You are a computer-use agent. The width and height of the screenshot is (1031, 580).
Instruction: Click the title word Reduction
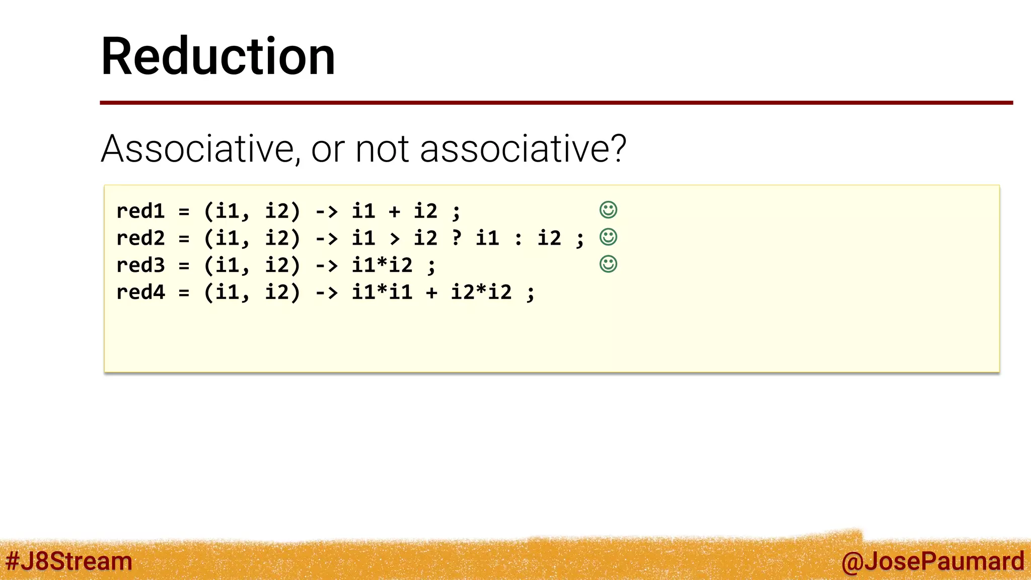coord(218,56)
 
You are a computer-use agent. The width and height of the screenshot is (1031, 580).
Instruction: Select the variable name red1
coord(140,211)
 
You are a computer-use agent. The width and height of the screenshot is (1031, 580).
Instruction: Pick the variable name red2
coord(140,238)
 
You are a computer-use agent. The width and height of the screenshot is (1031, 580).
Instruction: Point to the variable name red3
coord(140,265)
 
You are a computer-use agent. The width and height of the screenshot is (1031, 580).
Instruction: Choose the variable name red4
coord(140,293)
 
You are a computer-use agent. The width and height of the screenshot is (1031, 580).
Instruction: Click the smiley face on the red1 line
coord(608,210)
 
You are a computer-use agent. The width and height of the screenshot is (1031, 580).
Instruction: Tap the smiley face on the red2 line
coord(608,237)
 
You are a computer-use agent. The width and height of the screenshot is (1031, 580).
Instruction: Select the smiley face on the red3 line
coord(608,264)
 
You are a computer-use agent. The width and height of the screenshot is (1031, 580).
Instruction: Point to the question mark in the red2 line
coord(457,238)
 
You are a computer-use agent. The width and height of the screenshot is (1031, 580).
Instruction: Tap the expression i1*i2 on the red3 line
coord(382,265)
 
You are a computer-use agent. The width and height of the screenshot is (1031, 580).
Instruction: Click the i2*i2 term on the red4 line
coord(481,293)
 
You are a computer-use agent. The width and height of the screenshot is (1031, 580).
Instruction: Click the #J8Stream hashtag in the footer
coord(69,561)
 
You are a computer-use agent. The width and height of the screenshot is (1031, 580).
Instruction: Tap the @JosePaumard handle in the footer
coord(932,561)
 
